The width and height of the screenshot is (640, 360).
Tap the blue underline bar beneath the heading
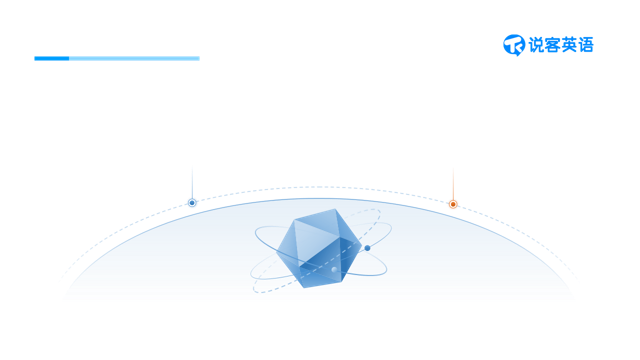[117, 58]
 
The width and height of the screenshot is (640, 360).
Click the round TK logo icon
[514, 44]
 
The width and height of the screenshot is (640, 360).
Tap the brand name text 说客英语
[561, 45]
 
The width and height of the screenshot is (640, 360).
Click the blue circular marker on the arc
[192, 203]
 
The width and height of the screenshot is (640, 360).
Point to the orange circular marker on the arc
[453, 204]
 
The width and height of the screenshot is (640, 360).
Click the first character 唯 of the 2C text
[104, 146]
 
